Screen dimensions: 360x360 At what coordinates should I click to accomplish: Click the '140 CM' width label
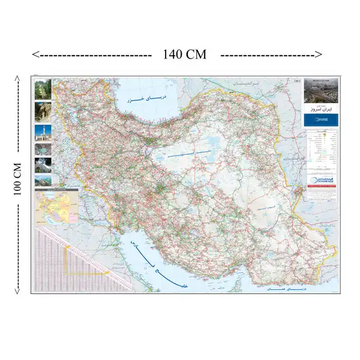(x=184, y=55)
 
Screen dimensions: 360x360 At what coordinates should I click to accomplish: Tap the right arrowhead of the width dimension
(x=319, y=55)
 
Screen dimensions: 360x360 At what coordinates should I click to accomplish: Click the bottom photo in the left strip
(x=43, y=179)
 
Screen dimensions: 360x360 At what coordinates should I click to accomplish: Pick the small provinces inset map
(x=57, y=208)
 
